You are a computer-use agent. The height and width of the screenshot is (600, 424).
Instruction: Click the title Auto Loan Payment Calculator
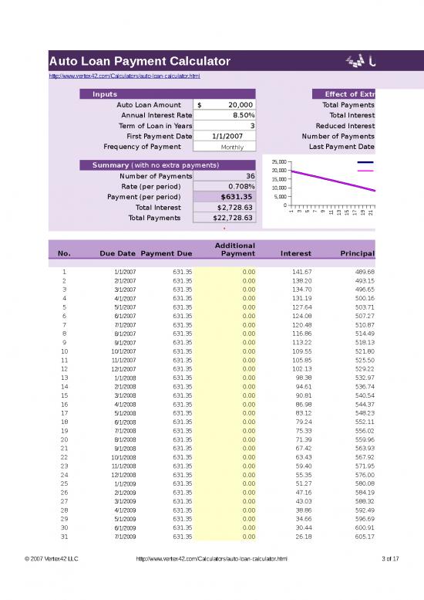(140, 61)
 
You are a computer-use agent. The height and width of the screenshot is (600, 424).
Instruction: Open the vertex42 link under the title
(124, 76)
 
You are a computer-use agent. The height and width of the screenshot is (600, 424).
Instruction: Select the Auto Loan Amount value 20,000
(232, 105)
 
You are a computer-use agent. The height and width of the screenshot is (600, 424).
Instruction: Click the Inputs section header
(105, 94)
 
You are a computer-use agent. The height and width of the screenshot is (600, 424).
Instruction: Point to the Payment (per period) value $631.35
(231, 197)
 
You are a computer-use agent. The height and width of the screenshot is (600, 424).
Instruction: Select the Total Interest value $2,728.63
(232, 207)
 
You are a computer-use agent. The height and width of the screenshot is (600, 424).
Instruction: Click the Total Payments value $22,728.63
(231, 218)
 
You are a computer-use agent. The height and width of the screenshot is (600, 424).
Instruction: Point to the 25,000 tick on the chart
(278, 161)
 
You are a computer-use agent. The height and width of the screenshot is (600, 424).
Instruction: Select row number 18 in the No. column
(64, 422)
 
